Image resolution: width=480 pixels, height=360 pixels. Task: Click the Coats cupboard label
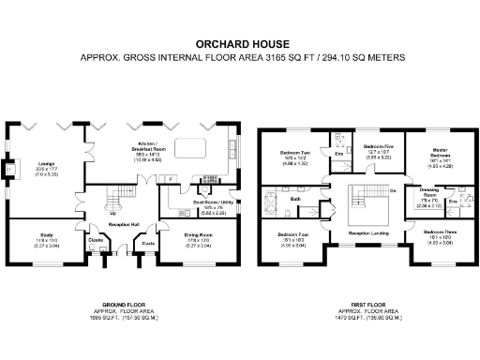point(147,244)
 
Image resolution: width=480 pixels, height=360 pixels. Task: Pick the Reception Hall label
point(123,226)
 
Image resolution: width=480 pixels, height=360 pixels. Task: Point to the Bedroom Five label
point(377,146)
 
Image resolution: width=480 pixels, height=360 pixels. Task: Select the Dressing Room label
point(427,192)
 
